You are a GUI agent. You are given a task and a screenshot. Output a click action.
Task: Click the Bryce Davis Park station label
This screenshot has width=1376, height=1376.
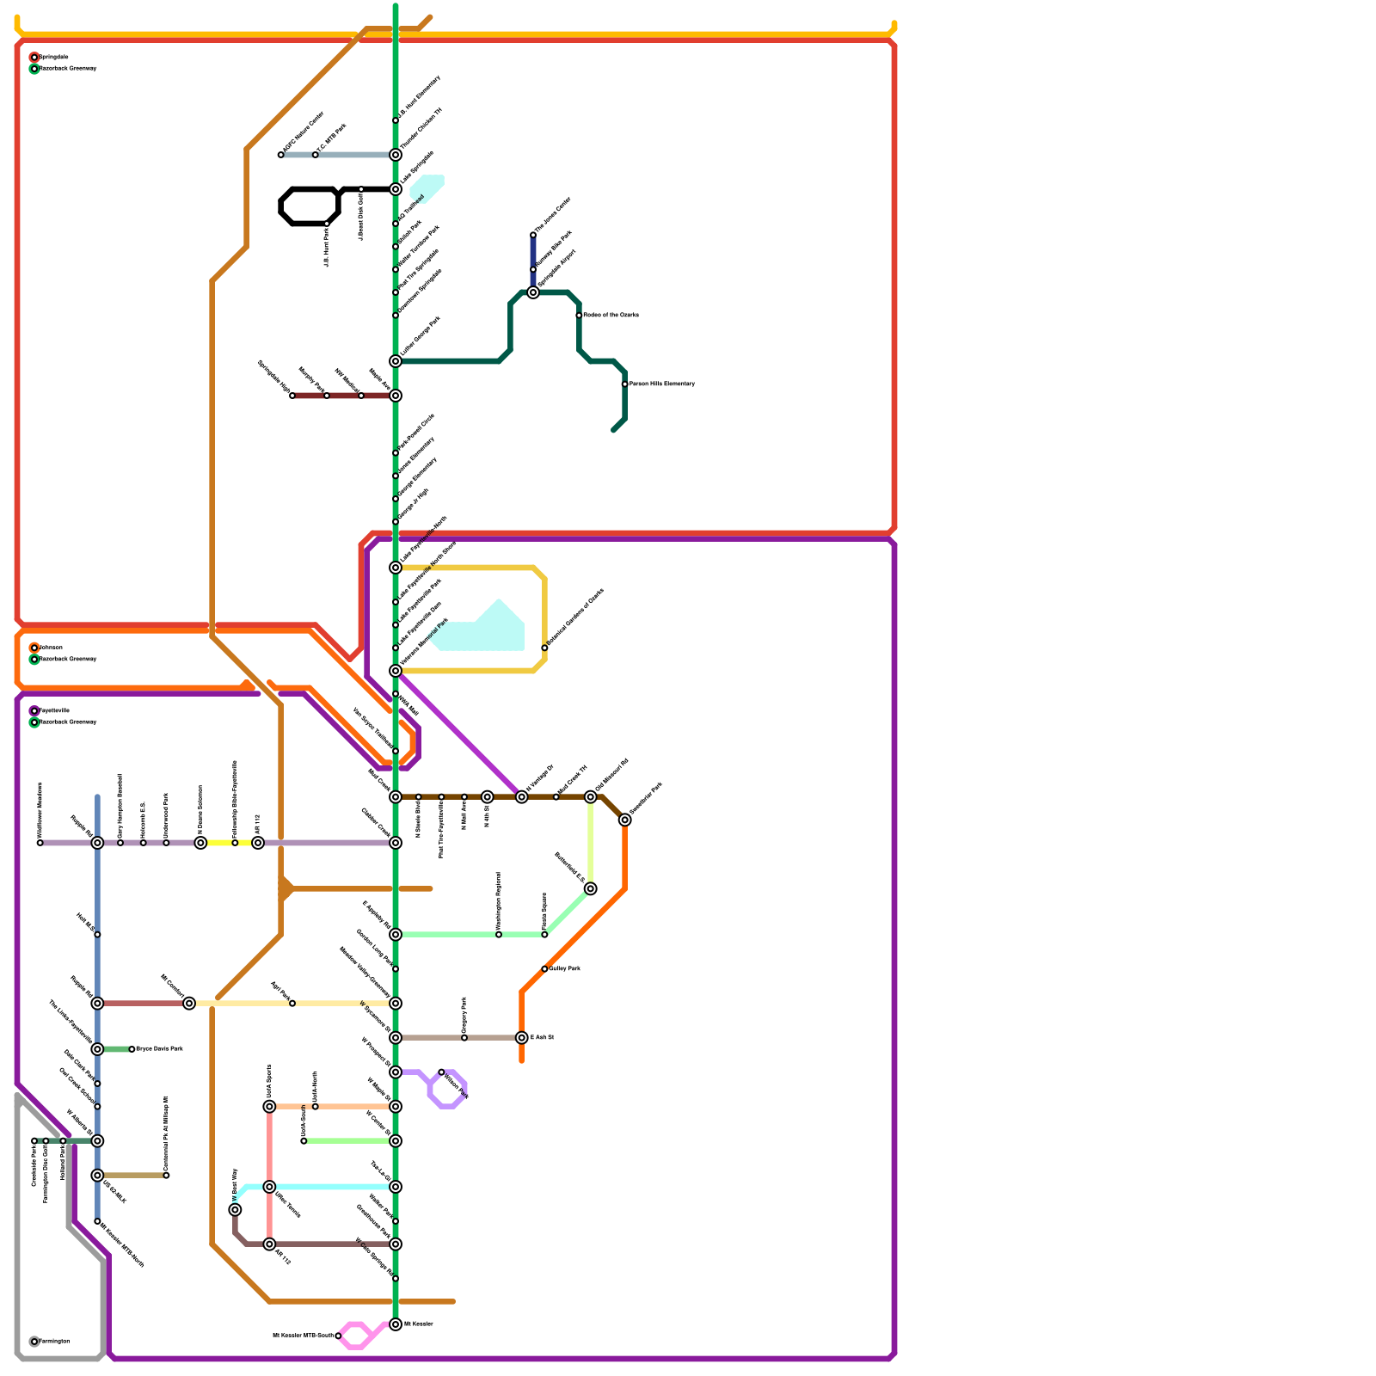tap(160, 1049)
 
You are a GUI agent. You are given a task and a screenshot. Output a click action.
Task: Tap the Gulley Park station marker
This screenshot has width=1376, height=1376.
tap(544, 969)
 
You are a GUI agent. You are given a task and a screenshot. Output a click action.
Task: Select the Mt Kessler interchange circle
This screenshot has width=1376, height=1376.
tap(396, 1324)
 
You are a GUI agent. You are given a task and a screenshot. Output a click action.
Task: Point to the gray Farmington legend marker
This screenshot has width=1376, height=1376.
tap(34, 1342)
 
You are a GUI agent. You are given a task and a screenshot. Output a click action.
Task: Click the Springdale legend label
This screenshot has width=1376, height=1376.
tap(54, 57)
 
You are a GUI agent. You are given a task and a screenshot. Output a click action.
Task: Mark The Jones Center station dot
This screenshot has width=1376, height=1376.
tap(533, 235)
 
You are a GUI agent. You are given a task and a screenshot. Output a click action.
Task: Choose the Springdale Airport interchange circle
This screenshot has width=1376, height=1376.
tap(533, 292)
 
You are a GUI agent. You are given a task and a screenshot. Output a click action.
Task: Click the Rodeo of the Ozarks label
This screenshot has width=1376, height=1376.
tap(611, 315)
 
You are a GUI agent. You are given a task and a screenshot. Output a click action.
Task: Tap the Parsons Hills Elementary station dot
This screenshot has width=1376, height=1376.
tap(625, 384)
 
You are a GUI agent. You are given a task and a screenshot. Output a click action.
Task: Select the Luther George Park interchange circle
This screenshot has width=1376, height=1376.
tap(396, 361)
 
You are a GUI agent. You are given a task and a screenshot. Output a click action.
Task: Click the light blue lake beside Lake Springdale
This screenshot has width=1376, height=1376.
tap(427, 187)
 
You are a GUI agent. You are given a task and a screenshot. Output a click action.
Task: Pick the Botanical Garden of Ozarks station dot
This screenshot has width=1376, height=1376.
tap(544, 648)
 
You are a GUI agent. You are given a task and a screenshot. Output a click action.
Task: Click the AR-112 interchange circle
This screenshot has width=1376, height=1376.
tap(258, 843)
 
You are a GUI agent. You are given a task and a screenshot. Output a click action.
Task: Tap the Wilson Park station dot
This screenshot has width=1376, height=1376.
tap(441, 1072)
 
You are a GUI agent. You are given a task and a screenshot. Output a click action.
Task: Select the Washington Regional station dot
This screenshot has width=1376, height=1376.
tap(499, 935)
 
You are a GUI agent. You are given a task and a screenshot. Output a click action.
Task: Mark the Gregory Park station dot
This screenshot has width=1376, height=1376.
tap(464, 1038)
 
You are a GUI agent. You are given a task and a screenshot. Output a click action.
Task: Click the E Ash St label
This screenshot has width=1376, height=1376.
tap(542, 1038)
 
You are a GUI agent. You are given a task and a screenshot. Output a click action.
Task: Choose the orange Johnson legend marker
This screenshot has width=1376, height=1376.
tap(34, 648)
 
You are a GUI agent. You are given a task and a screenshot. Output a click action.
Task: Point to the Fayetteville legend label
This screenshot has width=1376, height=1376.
tap(54, 710)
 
